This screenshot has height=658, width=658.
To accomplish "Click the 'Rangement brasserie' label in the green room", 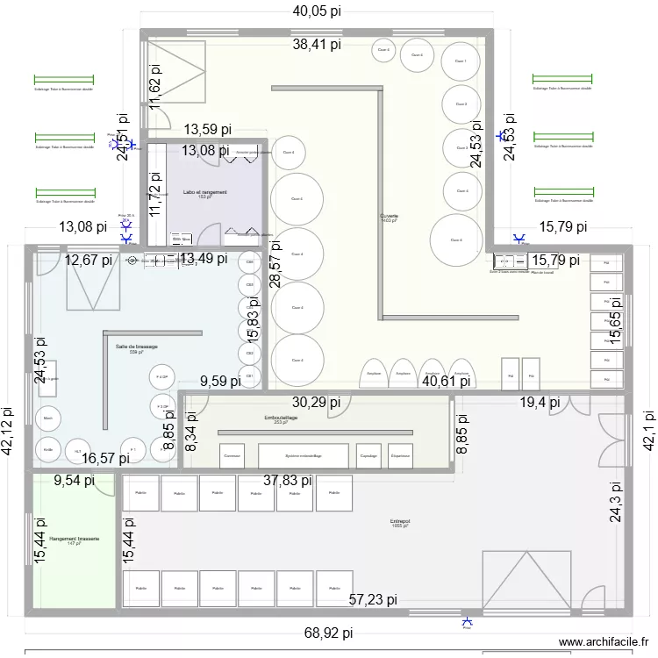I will (75, 540).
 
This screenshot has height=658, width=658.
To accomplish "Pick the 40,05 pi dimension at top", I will (317, 11).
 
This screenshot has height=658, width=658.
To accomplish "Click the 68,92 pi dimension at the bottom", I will (329, 633).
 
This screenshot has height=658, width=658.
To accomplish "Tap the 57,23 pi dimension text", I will (374, 600).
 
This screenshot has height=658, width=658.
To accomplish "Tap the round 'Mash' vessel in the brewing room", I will (47, 418).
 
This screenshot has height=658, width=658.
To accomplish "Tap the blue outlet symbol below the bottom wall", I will (467, 622).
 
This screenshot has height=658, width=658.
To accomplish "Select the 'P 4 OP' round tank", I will (162, 377).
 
